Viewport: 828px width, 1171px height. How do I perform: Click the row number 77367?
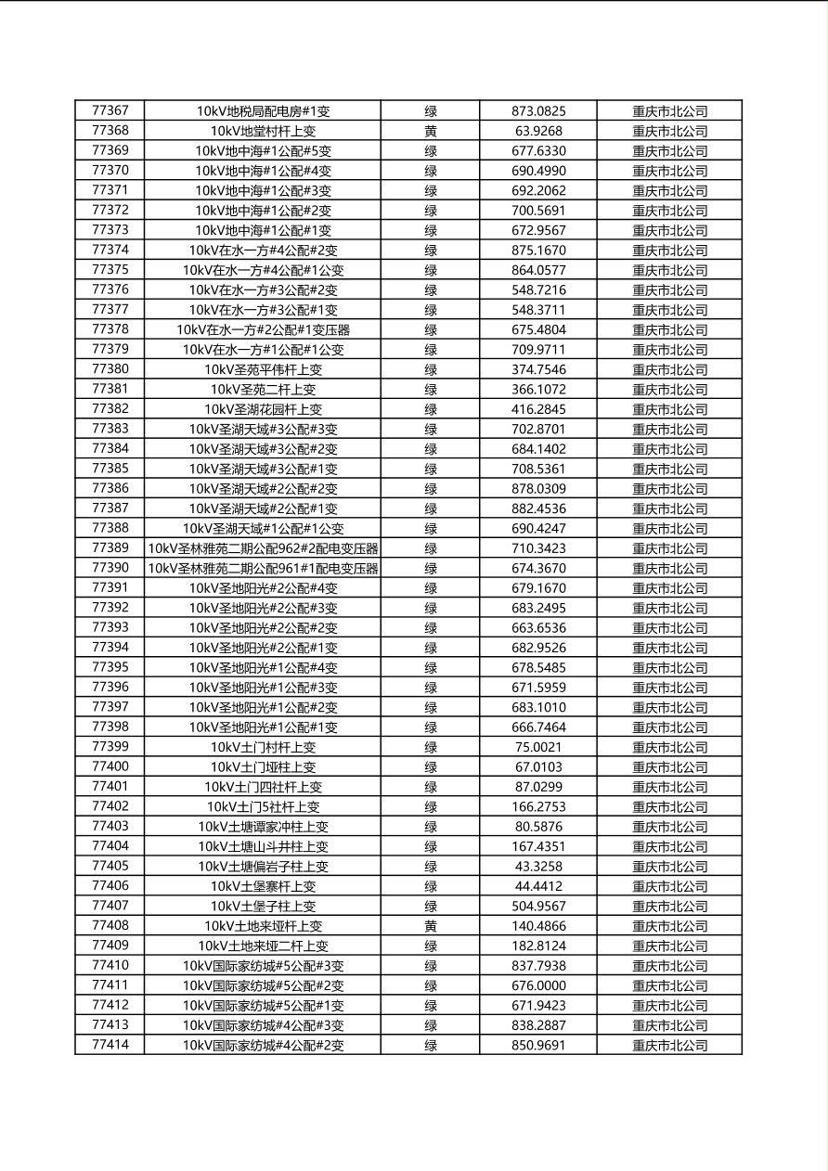pos(110,111)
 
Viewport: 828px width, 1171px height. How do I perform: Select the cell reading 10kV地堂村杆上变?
pos(263,132)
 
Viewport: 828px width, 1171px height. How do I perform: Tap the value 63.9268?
pos(538,132)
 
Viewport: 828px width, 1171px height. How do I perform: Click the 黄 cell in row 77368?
pos(431,132)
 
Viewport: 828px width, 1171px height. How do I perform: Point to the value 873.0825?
pos(538,111)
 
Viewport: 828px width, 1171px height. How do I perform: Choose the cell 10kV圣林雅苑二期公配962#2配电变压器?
pos(263,548)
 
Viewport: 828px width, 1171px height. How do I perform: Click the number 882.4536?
pos(538,508)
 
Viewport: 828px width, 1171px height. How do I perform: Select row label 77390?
pos(110,568)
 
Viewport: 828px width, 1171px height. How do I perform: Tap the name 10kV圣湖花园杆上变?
pos(263,409)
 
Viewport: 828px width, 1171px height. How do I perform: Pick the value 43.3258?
pos(538,866)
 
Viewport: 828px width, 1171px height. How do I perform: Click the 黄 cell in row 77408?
pos(431,926)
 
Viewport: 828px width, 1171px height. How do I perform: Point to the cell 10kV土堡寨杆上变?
pos(263,886)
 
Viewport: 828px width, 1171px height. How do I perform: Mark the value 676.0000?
pos(538,985)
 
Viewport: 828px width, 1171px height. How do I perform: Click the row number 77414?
pos(110,1045)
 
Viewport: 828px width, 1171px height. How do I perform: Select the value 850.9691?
pos(538,1045)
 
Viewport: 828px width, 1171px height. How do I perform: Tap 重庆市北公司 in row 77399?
pos(669,747)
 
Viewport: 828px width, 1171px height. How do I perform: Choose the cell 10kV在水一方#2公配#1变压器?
pos(263,329)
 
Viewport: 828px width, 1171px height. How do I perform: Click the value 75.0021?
pos(538,747)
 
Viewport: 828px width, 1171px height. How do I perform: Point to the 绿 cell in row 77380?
pos(431,369)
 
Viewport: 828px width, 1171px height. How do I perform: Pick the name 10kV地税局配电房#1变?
pos(263,111)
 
